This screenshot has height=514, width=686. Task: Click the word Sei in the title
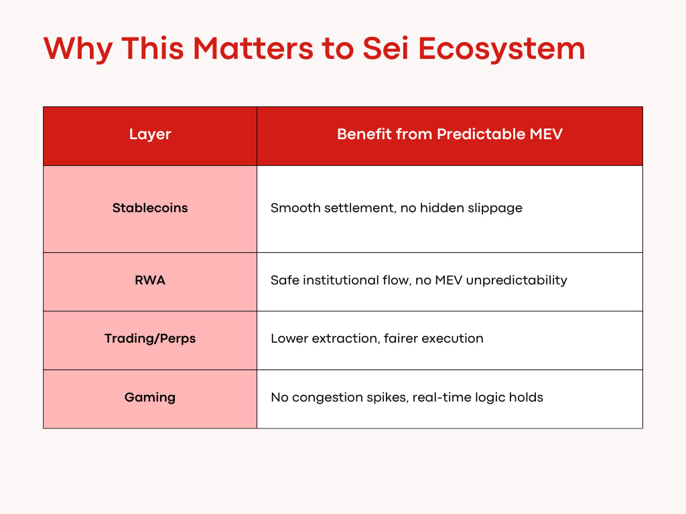tap(385, 48)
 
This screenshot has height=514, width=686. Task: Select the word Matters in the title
tap(253, 48)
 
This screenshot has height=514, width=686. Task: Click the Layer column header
tap(150, 134)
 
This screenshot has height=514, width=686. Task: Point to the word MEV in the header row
tap(546, 134)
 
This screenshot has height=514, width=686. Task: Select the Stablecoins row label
tap(150, 207)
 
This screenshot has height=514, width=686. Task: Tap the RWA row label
tap(150, 280)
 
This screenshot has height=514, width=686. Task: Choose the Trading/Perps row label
tap(150, 339)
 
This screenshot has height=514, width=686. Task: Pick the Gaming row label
tap(150, 398)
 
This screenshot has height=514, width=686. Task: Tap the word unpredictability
tap(517, 280)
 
